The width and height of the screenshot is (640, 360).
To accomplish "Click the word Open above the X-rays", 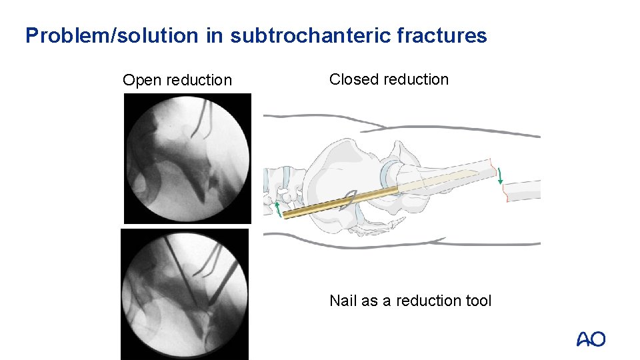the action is coord(142,80).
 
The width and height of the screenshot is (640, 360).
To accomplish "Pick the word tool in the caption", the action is coord(477,301).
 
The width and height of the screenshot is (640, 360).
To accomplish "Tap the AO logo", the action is coord(591,340).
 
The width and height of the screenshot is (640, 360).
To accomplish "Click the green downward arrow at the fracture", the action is coord(500,176).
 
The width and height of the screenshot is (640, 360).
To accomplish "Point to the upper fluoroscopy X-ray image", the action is coord(187,158).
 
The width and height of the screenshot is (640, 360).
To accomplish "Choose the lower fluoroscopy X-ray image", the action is coord(185,294).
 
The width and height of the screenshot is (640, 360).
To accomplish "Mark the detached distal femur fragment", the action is coord(523,191).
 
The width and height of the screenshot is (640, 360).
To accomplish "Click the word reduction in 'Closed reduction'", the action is coord(418,79).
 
